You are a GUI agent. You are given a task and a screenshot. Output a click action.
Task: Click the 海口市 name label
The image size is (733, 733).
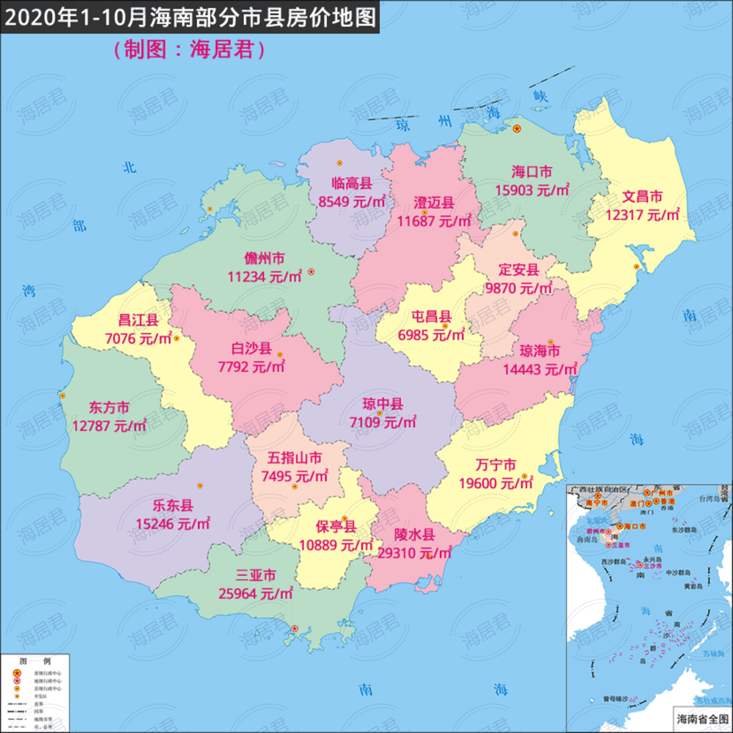pyautogui.click(x=531, y=173)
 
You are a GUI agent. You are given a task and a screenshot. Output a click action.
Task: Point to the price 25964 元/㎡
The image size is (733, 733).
pyautogui.click(x=256, y=592)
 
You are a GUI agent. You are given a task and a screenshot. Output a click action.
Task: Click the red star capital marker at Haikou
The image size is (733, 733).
pyautogui.click(x=517, y=129)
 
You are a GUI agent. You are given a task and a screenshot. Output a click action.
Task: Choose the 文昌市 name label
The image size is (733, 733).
pyautogui.click(x=643, y=197)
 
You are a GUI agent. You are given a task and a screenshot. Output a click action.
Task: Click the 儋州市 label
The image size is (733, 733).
pyautogui.click(x=265, y=259)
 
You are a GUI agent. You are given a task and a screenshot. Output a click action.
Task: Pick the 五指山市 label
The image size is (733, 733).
pyautogui.click(x=294, y=459)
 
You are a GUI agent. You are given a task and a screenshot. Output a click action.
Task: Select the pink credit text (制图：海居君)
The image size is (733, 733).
pyautogui.click(x=189, y=49)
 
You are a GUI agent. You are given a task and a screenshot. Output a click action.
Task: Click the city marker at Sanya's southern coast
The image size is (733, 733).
pyautogui.click(x=295, y=628)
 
